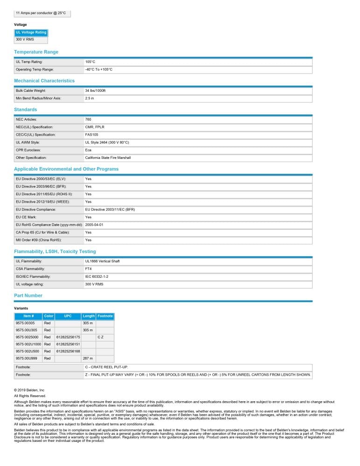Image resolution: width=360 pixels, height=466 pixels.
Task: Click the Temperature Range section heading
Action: point(36,52)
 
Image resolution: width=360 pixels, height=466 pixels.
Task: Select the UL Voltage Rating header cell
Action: point(31,33)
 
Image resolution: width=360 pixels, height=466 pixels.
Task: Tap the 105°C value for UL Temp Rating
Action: point(90,62)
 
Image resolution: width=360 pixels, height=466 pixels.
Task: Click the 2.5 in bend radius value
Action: point(90,98)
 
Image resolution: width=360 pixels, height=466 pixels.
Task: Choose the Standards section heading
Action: point(25,110)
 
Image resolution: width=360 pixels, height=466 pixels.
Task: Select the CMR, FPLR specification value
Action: point(95,127)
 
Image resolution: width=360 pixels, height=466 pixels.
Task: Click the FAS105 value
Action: point(91,135)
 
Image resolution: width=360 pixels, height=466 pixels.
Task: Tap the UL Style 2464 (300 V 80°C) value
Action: point(107,143)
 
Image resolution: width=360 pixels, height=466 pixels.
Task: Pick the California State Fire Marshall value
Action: point(108,158)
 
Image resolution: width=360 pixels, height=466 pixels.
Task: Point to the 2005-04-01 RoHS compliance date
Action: point(94,225)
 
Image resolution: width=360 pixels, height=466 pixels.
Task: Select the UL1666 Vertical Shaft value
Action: point(102,261)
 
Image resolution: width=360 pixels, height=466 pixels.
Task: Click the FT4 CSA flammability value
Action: point(88,269)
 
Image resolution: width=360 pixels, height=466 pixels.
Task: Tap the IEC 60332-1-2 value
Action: point(97,277)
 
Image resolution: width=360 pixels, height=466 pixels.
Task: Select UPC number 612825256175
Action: point(68,337)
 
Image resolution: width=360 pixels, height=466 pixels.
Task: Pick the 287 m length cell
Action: point(88,359)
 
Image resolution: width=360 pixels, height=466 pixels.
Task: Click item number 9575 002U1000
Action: point(28,344)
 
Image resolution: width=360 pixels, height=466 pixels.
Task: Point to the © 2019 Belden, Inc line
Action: point(29,390)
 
